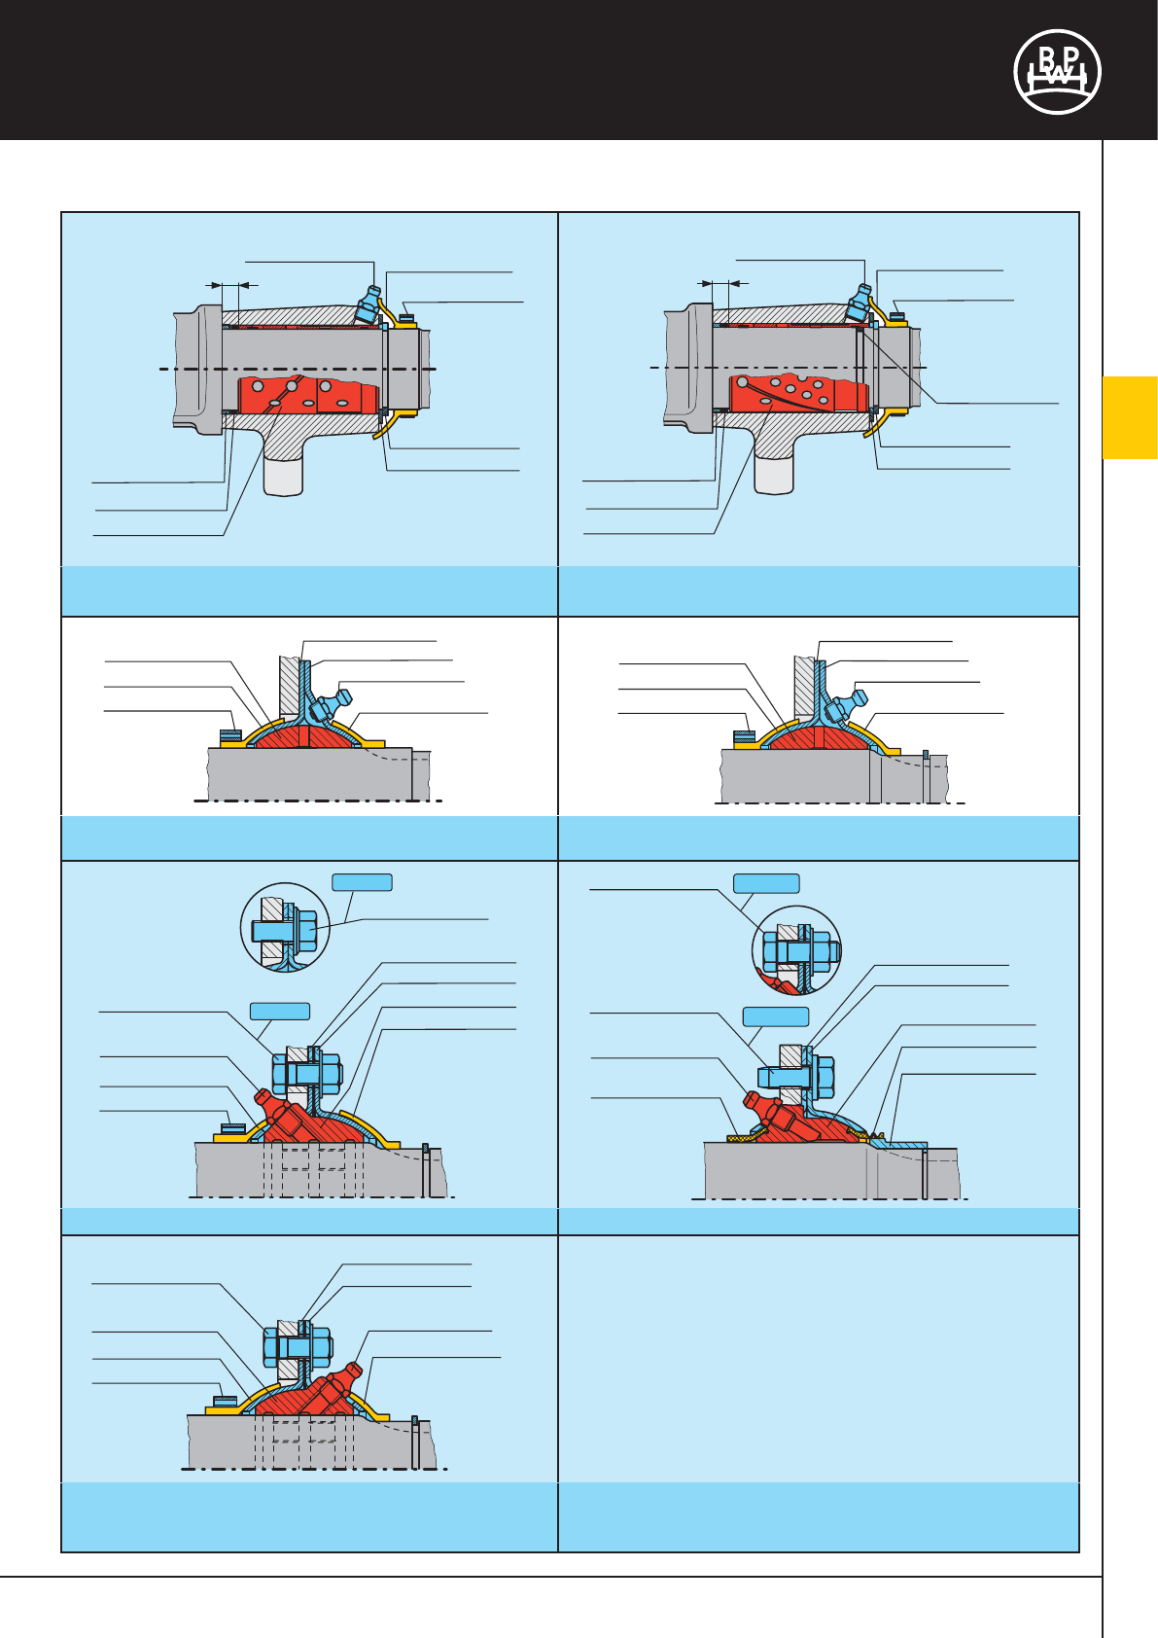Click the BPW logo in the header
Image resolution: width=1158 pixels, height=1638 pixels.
point(1057,72)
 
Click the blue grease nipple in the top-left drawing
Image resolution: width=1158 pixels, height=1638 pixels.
point(368,305)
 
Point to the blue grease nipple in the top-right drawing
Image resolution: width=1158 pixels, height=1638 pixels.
point(858,303)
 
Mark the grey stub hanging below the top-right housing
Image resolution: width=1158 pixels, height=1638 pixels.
point(774,475)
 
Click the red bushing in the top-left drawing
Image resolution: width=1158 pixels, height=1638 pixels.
point(307,394)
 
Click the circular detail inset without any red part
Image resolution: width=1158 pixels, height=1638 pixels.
point(285,927)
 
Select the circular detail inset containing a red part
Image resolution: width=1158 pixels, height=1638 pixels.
point(796,950)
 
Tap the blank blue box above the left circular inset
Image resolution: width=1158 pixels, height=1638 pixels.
point(363,882)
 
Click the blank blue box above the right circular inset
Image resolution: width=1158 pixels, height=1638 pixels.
point(766,883)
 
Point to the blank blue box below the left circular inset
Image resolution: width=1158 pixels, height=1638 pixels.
point(280,1011)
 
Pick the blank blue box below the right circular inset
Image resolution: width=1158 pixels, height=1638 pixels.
point(776,1016)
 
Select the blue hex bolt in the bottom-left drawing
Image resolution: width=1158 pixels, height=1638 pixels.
point(298,1347)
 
